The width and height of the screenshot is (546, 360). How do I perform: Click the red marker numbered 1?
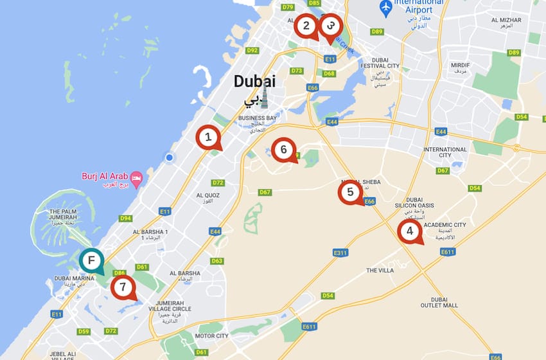207,136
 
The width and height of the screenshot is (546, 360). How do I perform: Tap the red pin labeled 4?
409,231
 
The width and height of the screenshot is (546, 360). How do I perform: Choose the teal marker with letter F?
92,260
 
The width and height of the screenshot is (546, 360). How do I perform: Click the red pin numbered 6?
283,150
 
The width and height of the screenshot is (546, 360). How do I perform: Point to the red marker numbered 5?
350,192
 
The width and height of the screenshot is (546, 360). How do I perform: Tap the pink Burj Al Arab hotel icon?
136,177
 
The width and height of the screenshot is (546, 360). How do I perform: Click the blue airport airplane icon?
386,8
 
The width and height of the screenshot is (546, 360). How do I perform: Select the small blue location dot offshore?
169,157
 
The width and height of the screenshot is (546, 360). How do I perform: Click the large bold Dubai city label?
254,82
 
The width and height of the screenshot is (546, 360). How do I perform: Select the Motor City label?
212,336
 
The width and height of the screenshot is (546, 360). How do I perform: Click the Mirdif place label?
460,66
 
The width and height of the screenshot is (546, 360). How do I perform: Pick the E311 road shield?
340,253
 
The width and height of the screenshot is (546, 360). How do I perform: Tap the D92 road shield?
252,50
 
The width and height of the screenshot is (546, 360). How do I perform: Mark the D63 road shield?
217,261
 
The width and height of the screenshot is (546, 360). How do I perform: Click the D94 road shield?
126,218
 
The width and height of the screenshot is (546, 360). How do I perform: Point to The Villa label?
380,271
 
